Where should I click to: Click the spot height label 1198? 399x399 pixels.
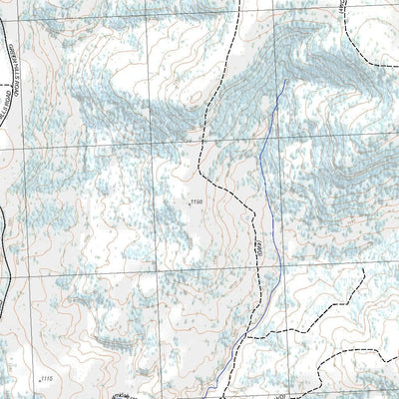coord(196,202)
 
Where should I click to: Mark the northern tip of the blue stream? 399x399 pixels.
coord(285,80)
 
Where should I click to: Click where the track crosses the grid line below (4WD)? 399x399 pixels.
coord(261,272)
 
